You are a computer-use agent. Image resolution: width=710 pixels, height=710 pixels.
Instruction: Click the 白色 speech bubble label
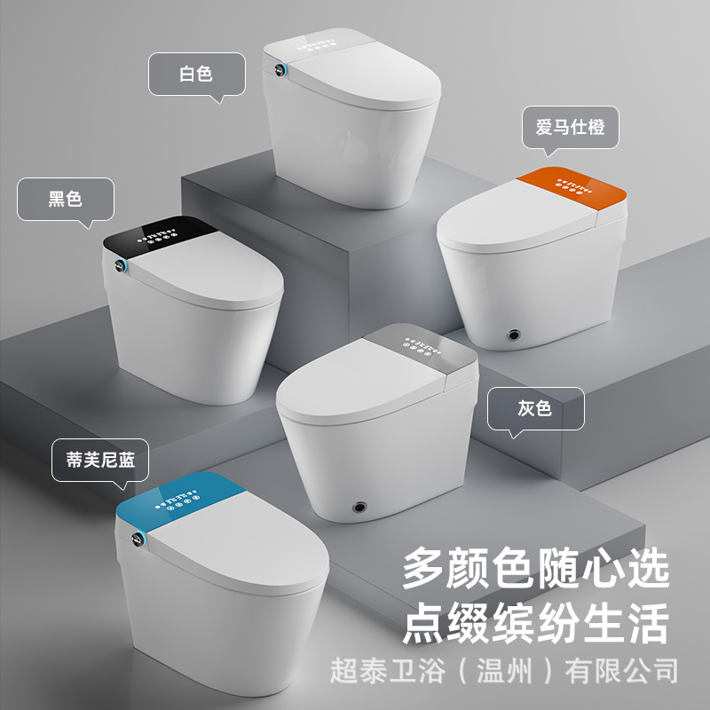pyautogui.click(x=196, y=75)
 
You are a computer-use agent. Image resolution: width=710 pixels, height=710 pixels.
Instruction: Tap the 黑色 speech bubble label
pyautogui.click(x=66, y=199)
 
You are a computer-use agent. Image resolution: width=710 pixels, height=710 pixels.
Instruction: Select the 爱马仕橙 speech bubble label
pyautogui.click(x=570, y=127)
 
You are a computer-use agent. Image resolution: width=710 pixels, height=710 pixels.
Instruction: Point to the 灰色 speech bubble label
pyautogui.click(x=536, y=408)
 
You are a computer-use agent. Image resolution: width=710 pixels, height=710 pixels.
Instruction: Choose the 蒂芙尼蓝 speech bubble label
pyautogui.click(x=100, y=460)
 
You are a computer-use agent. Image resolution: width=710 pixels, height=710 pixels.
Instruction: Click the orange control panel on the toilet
pyautogui.click(x=572, y=189)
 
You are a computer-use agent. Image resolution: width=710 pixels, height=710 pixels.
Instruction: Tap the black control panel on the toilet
pyautogui.click(x=159, y=236)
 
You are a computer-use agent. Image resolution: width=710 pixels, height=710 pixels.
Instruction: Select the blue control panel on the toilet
pyautogui.click(x=180, y=501)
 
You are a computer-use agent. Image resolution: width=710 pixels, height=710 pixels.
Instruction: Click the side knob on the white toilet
pyautogui.click(x=280, y=70)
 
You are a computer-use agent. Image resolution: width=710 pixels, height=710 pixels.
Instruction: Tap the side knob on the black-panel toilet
pyautogui.click(x=120, y=265)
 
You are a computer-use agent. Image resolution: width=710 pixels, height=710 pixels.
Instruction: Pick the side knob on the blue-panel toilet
pyautogui.click(x=138, y=539)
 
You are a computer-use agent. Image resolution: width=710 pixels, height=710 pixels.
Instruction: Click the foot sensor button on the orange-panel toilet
pyautogui.click(x=514, y=335)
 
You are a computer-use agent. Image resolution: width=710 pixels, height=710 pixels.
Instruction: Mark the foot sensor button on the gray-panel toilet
pyautogui.click(x=359, y=507)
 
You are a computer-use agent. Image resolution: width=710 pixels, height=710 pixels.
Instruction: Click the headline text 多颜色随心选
pyautogui.click(x=536, y=568)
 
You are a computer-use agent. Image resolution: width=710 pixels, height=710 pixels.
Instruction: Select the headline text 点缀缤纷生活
pyautogui.click(x=536, y=623)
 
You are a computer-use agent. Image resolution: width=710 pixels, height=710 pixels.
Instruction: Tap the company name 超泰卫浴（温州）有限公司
pyautogui.click(x=504, y=671)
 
